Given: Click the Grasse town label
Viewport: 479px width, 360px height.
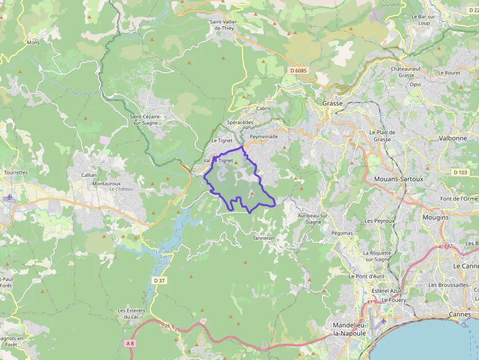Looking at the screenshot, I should coord(332,104).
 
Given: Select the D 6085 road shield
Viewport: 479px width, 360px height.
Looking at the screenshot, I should coord(298,71).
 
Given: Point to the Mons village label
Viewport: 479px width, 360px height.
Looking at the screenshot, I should coord(33,42).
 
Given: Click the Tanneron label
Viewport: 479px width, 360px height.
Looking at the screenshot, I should coord(263,238).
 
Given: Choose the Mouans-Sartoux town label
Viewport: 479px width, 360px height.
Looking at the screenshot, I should coord(398,179).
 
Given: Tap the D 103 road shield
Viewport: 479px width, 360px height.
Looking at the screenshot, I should coord(460,172).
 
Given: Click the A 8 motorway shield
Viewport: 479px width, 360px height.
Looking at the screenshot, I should coord(130,343).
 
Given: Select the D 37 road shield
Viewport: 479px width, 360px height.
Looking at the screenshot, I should coord(159,280).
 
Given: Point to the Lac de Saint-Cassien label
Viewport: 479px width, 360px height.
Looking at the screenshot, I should coord(163,257).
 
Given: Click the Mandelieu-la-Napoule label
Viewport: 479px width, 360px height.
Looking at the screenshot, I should coord(349,329).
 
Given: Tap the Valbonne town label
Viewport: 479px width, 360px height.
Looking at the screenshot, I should coord(453,138).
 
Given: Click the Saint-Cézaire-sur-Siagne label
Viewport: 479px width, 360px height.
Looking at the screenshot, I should coord(145,120).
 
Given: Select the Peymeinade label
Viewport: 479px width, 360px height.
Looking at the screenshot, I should coord(263,137).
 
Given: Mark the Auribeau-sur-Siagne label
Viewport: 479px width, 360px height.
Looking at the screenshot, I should coord(310,218).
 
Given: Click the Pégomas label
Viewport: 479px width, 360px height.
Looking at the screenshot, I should coord(342,233).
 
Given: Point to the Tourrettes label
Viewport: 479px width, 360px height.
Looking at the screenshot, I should coord(16,172).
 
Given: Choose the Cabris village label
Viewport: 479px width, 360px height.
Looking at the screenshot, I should coord(263,108).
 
